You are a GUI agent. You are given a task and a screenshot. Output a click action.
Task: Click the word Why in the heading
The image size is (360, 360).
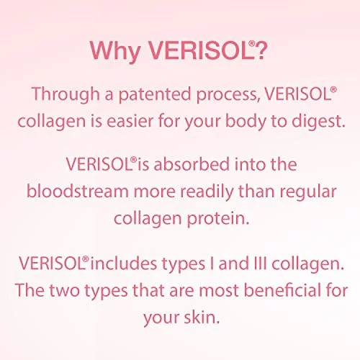coord(115,52)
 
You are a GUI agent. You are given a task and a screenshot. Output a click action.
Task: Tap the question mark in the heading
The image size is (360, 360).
coord(261,50)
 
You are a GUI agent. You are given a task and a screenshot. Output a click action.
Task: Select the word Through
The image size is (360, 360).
coord(66,95)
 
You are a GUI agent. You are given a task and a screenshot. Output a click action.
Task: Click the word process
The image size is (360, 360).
coord(229,96)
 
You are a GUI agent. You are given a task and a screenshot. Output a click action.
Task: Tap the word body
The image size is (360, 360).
coord(246,122)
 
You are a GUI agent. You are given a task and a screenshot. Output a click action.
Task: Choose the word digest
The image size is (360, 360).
coord(318,122)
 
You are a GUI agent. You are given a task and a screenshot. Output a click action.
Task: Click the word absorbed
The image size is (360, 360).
coord(192,164)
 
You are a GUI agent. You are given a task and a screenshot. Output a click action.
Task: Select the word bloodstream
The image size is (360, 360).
coord(78,192)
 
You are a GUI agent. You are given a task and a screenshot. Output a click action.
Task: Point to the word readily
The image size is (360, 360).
coord(207,192)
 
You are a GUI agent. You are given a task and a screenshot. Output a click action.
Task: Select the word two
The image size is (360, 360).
coord(64,290)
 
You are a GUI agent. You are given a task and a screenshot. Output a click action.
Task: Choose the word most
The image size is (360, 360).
coord(218,291)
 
